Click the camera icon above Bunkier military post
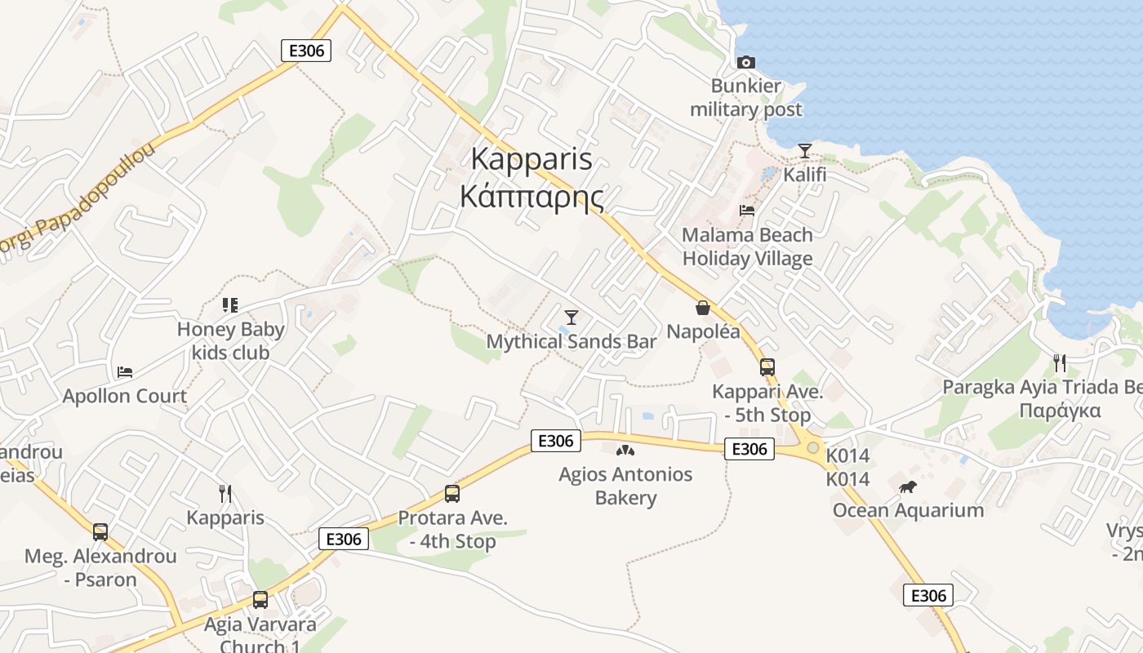(x=745, y=62)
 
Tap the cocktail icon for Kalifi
(x=804, y=150)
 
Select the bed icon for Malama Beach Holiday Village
(x=746, y=211)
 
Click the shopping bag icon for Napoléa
(x=702, y=308)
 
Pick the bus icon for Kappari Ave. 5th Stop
(x=767, y=367)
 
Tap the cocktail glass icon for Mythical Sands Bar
(x=571, y=317)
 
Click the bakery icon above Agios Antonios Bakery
(x=625, y=450)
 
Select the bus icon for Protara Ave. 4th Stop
(x=451, y=493)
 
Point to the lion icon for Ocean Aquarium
(x=907, y=486)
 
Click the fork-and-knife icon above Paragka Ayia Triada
(x=1059, y=362)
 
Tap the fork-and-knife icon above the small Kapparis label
(x=225, y=493)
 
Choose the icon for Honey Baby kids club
(x=229, y=305)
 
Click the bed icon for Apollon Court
(x=124, y=372)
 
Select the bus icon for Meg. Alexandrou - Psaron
(x=100, y=532)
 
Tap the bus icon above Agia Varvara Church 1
(x=260, y=600)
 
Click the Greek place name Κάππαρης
(x=531, y=197)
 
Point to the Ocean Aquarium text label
(x=908, y=511)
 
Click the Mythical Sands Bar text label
(x=571, y=342)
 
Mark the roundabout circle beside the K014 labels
(x=812, y=447)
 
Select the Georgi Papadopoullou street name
(x=78, y=200)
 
